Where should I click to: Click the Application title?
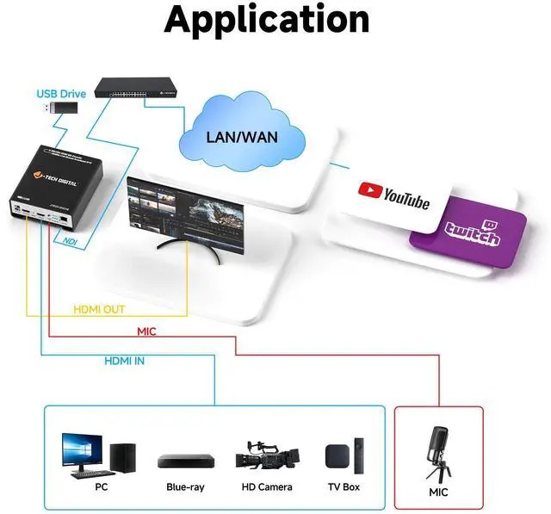[x=267, y=20]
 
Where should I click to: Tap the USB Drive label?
[x=62, y=93]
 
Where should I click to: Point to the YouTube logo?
[x=393, y=195]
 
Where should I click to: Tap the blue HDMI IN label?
[x=125, y=361]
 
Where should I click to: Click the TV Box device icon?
[x=344, y=455]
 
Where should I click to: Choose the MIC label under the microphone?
[x=439, y=493]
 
